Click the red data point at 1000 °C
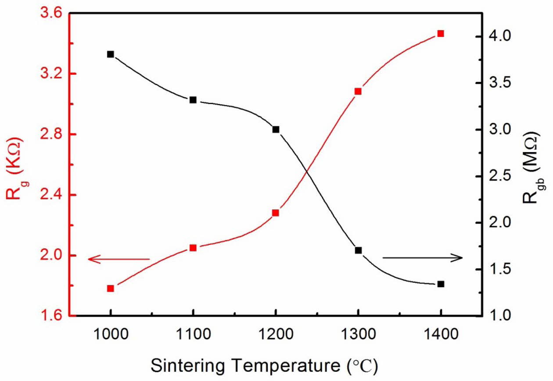tap(111, 288)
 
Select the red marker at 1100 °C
tap(193, 248)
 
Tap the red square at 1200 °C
tap(276, 213)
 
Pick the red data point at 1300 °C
tap(358, 91)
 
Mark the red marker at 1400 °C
tap(441, 34)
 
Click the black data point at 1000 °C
tap(111, 54)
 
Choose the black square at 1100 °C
tap(193, 100)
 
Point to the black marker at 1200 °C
tap(276, 129)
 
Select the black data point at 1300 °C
tap(358, 250)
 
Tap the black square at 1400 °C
tap(441, 284)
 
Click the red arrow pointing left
tap(118, 259)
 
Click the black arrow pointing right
tap(423, 258)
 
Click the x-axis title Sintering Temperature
tap(263, 365)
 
